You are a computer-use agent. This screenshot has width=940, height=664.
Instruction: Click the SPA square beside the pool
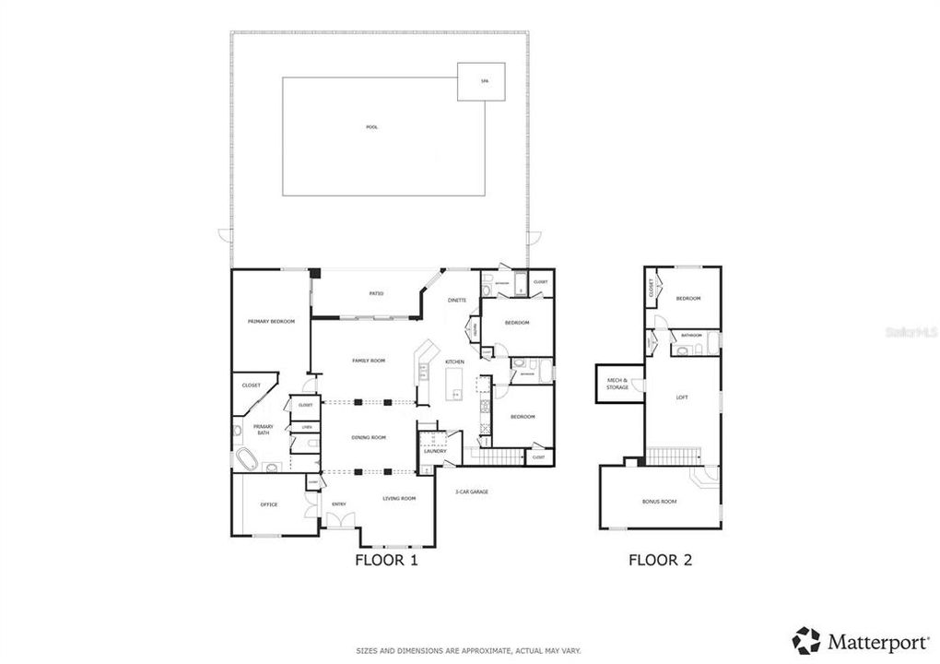pyautogui.click(x=483, y=81)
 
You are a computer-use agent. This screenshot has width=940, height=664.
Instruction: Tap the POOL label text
pyautogui.click(x=371, y=127)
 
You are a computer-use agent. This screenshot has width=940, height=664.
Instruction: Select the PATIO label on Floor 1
pyautogui.click(x=376, y=294)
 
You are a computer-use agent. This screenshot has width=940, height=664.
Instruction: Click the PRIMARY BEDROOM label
pyautogui.click(x=271, y=321)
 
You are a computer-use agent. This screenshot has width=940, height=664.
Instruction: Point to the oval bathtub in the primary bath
pyautogui.click(x=246, y=459)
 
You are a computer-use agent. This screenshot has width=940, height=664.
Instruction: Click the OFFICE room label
pyautogui.click(x=268, y=504)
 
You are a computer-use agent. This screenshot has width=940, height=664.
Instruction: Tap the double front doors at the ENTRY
pyautogui.click(x=338, y=521)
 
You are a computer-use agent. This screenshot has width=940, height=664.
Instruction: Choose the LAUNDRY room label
pyautogui.click(x=435, y=451)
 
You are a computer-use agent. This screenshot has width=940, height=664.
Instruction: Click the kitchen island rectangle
pyautogui.click(x=454, y=384)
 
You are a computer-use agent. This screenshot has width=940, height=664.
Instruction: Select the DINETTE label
pyautogui.click(x=457, y=301)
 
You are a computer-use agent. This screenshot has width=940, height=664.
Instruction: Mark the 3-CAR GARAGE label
pyautogui.click(x=471, y=492)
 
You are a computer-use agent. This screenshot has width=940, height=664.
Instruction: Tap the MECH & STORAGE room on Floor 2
pyautogui.click(x=617, y=384)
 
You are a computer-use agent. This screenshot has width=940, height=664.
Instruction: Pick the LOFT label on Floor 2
pyautogui.click(x=682, y=397)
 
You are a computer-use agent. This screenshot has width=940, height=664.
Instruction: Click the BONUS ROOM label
pyautogui.click(x=659, y=502)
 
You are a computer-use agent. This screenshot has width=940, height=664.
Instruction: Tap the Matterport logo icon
pyautogui.click(x=806, y=639)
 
